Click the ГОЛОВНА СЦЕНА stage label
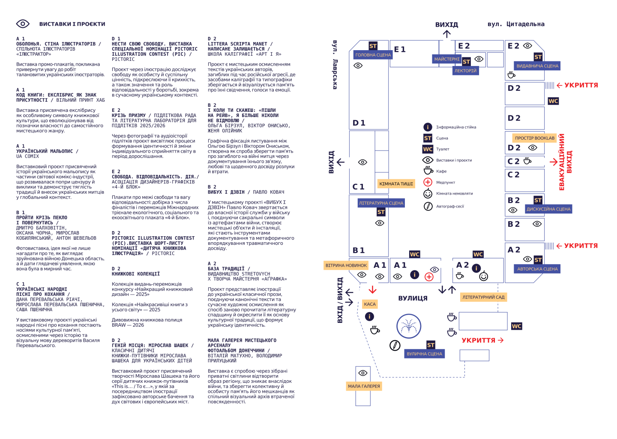373,55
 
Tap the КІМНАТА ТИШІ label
396,184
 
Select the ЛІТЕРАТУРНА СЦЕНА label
381,203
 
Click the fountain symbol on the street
409,326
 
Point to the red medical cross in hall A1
429,277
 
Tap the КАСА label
370,304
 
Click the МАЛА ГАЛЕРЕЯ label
364,386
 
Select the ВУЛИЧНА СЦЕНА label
425,354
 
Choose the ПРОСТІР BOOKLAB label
535,138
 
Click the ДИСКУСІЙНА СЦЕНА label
548,209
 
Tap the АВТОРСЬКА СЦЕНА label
537,269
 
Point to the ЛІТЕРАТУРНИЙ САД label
483,298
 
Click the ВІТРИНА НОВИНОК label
346,265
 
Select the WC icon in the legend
428,149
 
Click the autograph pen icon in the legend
428,206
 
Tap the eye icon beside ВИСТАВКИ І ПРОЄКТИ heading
23,24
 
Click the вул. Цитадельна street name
516,24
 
